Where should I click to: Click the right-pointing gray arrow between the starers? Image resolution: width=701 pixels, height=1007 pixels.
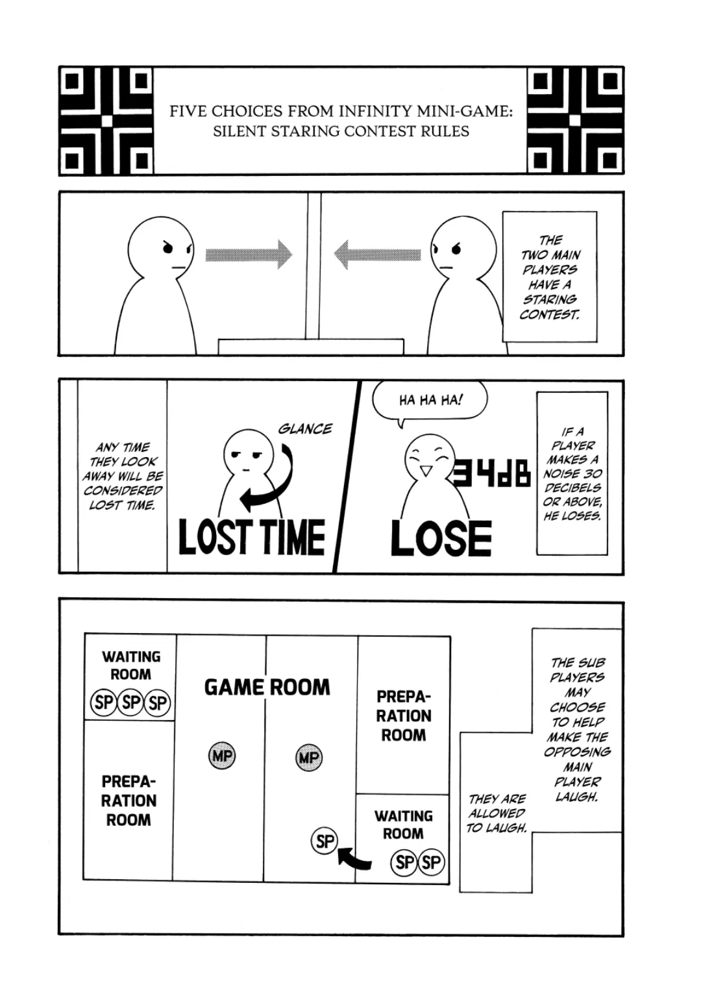coord(249,254)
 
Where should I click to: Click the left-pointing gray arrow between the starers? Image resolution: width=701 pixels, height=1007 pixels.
coord(377,254)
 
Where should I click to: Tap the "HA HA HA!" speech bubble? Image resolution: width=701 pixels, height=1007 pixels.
coord(430,400)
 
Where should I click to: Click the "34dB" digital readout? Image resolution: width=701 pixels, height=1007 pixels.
coord(492,473)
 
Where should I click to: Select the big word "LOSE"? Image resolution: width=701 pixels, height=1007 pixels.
coord(441,539)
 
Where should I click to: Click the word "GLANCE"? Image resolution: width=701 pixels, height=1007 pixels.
coord(304,429)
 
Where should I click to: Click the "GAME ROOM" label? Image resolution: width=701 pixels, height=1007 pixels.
coord(267,687)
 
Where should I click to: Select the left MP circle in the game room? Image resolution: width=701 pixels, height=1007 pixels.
coord(222,756)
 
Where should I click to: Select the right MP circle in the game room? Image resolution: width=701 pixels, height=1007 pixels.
coord(308,757)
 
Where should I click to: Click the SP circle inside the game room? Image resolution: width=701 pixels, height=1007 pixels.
coord(325,841)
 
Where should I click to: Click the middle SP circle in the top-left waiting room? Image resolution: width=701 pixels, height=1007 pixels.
coord(130,702)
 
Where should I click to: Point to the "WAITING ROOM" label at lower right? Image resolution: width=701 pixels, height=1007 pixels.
coord(402,825)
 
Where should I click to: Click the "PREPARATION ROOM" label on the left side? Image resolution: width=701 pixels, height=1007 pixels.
coord(129,801)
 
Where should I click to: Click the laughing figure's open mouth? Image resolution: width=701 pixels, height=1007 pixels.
coord(426,471)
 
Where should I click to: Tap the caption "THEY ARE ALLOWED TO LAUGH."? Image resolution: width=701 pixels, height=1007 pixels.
coord(497,813)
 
